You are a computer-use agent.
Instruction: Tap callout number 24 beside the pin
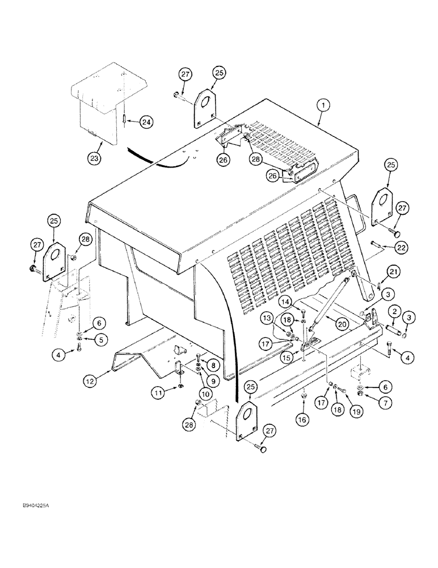click(146, 122)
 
